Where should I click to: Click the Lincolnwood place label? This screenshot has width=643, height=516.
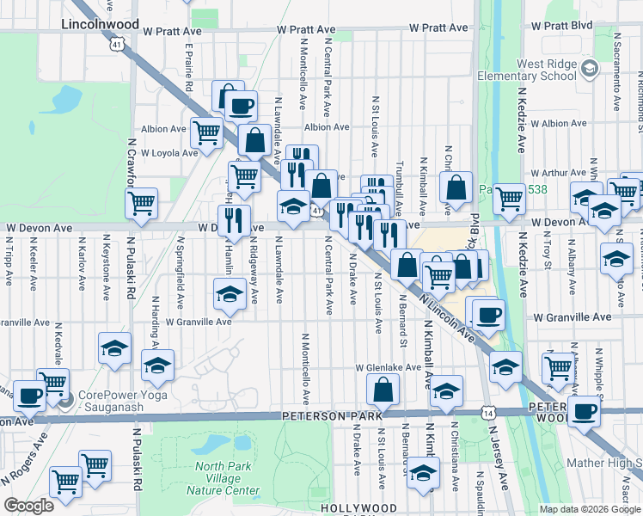[x=95, y=26]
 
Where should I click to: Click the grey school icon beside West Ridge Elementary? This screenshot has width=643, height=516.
[x=590, y=69]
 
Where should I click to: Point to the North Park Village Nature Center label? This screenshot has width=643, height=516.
[x=227, y=479]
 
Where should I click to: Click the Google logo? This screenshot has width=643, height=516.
[x=28, y=506]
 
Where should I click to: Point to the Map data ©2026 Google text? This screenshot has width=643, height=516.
[x=591, y=509]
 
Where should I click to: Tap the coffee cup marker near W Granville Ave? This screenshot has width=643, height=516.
[x=488, y=314]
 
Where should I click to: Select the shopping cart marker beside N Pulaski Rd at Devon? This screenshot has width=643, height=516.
[x=141, y=204]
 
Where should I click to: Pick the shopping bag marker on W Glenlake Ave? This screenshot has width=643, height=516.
[x=382, y=390]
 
